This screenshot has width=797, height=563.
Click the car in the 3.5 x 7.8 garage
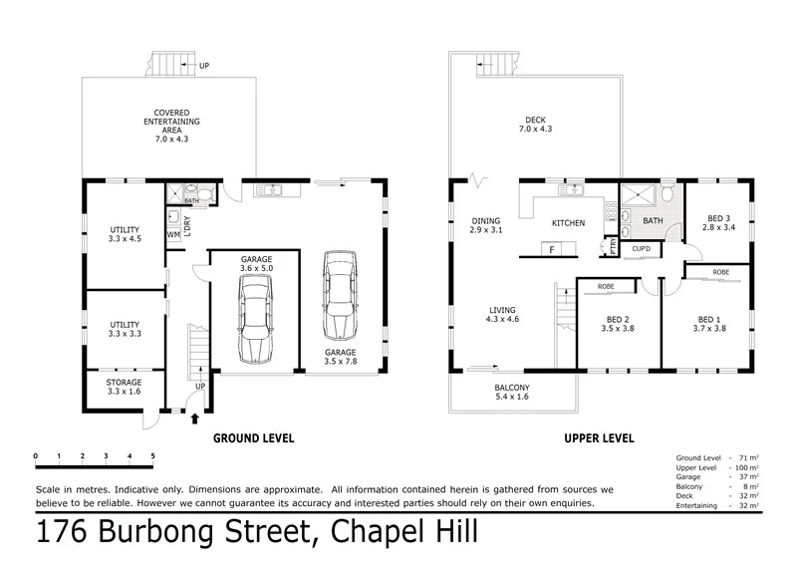click(340, 296)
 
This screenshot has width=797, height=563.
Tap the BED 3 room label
click(718, 223)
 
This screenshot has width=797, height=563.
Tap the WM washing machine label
click(173, 235)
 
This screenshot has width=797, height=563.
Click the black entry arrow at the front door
click(194, 418)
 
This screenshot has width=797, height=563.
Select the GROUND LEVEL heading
click(253, 437)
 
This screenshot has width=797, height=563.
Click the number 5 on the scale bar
click(152, 456)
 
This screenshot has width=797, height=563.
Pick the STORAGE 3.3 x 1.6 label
click(125, 387)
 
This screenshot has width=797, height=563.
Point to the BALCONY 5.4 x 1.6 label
click(512, 392)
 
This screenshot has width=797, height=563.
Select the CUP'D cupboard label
click(643, 248)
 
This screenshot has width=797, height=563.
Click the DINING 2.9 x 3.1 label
click(486, 225)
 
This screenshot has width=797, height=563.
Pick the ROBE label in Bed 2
click(606, 287)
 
